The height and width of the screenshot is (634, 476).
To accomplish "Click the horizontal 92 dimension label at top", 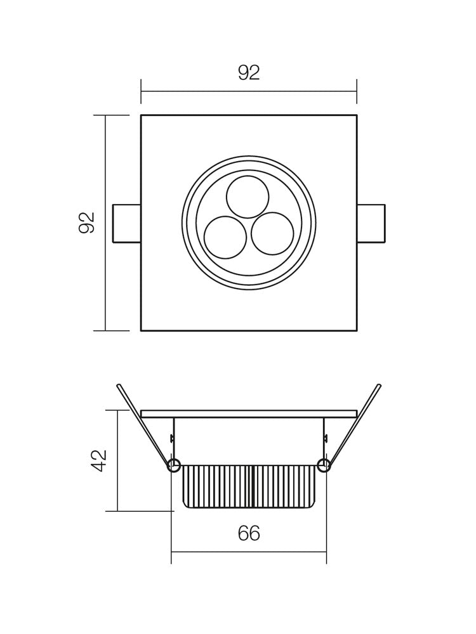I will [249, 73].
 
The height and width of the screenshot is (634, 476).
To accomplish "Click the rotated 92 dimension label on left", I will [87, 223].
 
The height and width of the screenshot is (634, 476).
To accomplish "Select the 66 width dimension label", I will [249, 534].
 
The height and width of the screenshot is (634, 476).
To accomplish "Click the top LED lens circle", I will [248, 197].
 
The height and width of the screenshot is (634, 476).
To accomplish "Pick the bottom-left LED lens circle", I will [225, 237].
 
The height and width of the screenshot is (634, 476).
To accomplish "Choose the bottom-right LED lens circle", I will [272, 233].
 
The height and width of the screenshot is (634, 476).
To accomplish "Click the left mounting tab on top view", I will [126, 223].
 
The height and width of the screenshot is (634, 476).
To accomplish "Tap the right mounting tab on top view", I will [371, 223].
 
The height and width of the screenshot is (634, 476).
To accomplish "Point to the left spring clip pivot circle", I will [173, 466].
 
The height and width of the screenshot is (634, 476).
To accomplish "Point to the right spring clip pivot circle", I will [324, 466].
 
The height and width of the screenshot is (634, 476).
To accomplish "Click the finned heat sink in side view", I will [249, 486].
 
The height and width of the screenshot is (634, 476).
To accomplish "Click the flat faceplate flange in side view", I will [249, 413].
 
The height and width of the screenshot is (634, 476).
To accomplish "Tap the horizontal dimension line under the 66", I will [249, 552].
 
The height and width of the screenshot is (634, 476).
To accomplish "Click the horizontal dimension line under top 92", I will [249, 91].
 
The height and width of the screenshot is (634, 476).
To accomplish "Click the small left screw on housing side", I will [172, 437].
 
